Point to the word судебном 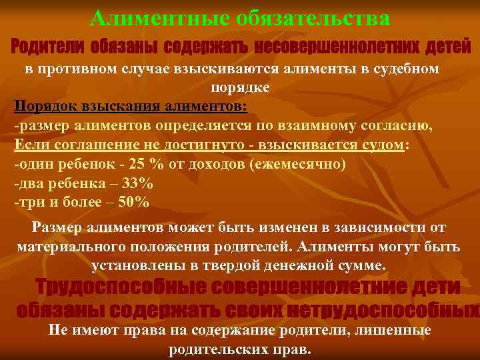point(406,69)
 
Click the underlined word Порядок point(40,107)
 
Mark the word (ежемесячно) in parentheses point(297,164)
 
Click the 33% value point(138,183)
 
